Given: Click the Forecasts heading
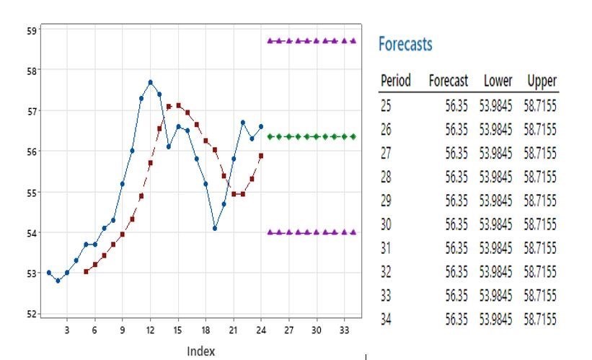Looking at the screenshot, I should click(x=405, y=45).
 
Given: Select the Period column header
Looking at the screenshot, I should click(x=395, y=81).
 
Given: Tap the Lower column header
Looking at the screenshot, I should click(x=498, y=81).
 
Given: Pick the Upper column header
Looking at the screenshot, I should click(x=542, y=81).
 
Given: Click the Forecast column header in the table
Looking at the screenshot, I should click(x=449, y=81).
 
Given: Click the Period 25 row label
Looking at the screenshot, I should click(x=386, y=107).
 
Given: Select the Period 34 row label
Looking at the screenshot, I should click(x=386, y=319).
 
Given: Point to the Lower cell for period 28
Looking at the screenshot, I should click(x=496, y=177).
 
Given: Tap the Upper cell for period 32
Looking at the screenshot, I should click(x=540, y=272).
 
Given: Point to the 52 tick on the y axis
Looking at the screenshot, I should click(x=32, y=314).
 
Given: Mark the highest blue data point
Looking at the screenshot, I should click(x=151, y=82).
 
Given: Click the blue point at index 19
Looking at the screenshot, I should click(x=215, y=228).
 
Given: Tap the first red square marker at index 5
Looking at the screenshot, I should click(x=86, y=271).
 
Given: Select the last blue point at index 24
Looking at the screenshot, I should click(x=261, y=126).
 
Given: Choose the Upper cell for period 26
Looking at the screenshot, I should click(x=540, y=131).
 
